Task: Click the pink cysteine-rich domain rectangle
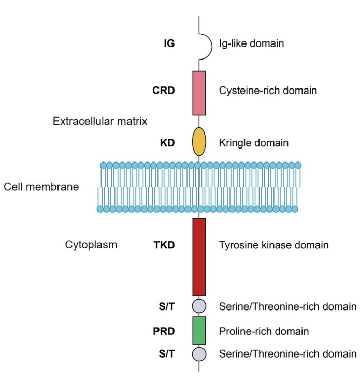coord(199,93)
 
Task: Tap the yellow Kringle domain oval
coord(199,142)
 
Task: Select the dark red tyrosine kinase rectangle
coord(199,257)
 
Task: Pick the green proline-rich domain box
coord(199,330)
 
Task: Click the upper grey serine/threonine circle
coord(199,306)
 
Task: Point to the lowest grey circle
coord(199,355)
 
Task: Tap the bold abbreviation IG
coord(169,43)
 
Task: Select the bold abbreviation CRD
coord(164,91)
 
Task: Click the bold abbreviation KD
coord(167,142)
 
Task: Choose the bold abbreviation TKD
coord(164,245)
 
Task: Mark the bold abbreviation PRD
coord(164,331)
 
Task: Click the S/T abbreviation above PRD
coord(166,306)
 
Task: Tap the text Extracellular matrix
coord(100,121)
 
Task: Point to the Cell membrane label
coord(41,187)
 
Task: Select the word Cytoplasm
coord(91,245)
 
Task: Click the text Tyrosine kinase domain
coord(273,245)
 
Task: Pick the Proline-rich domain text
coord(264,331)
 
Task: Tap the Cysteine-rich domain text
coord(268,91)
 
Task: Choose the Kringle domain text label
coord(254,142)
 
